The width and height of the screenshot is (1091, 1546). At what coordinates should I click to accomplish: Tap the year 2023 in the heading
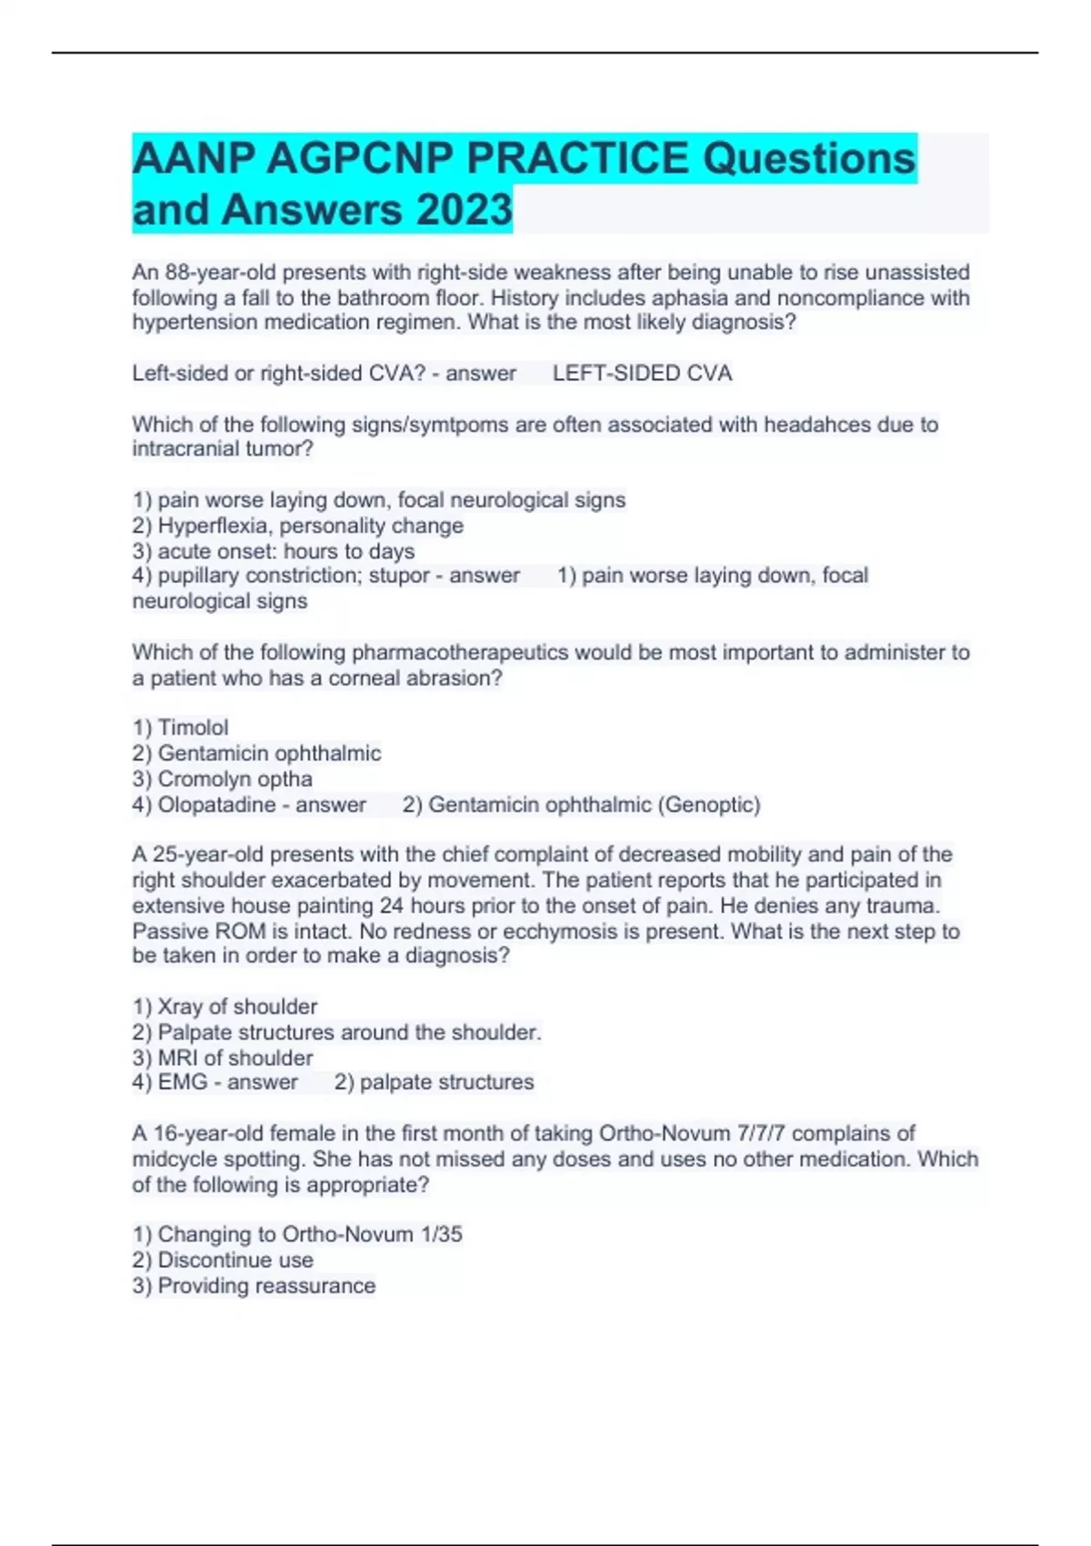coord(464,209)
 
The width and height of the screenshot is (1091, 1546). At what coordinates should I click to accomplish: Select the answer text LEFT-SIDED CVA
coord(642,373)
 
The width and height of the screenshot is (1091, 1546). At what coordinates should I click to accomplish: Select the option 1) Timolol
coord(180,728)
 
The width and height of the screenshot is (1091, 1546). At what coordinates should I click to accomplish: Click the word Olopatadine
coord(216,804)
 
